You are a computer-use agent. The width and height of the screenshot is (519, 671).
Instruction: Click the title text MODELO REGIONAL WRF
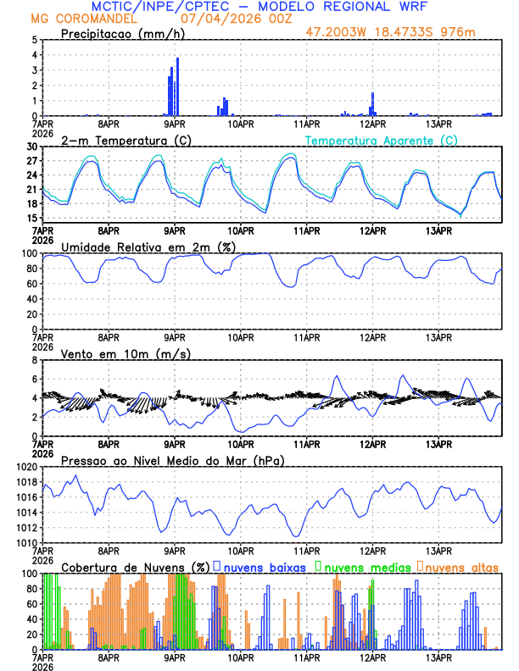355,6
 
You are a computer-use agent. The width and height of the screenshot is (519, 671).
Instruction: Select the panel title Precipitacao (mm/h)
120,33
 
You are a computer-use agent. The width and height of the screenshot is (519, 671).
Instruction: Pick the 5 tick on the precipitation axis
35,40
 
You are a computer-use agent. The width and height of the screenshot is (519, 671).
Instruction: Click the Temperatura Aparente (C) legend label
382,140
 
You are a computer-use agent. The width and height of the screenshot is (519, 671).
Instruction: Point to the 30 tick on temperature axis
32,147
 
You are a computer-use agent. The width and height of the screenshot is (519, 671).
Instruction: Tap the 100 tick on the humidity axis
30,253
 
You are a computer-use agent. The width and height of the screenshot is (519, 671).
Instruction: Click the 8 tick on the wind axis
35,360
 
